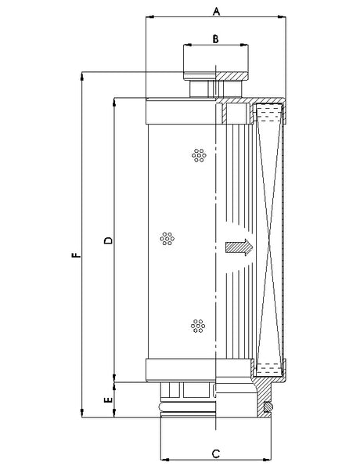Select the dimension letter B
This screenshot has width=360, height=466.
pos(216,38)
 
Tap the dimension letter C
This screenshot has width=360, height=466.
pos(216,453)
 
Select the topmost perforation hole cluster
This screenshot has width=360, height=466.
pos(199,155)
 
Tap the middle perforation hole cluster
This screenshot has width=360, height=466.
pos(166,239)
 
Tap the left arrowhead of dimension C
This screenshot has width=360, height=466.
pos(162,459)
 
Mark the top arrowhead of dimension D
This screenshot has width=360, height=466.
pos(114,100)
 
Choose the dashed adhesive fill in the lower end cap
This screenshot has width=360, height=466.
pos(269,365)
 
